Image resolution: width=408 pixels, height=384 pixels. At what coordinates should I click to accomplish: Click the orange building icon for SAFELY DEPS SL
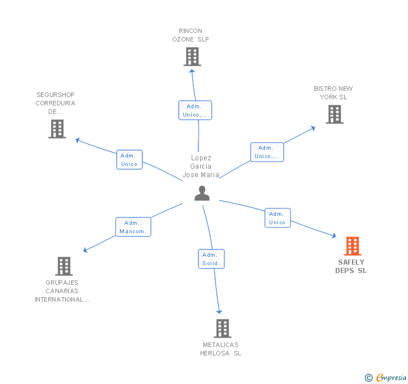pos(352,246)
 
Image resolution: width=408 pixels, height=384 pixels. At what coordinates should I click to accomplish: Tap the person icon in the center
pos(202,193)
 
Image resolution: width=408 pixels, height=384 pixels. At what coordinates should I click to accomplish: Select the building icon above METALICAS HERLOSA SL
pos(222,329)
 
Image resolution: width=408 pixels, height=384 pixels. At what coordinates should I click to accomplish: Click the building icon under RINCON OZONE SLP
pos(192,57)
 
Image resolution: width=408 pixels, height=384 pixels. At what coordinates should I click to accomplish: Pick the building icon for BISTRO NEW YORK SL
pos(335,114)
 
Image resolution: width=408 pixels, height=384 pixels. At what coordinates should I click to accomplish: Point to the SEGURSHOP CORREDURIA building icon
pos(57,129)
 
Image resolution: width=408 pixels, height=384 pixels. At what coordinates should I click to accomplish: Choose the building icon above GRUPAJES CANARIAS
pos(64,266)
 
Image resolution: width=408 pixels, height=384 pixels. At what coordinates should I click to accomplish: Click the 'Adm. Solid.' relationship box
pos(211,259)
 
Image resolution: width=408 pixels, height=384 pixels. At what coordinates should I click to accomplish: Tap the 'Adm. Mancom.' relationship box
pos(133,227)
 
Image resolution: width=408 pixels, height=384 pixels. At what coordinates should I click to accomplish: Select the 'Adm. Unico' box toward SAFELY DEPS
pos(277,218)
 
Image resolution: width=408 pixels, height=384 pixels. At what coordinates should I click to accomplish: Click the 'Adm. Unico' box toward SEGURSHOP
pos(129,160)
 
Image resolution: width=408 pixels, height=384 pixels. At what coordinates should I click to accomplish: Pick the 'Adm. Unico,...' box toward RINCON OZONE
pos(195,110)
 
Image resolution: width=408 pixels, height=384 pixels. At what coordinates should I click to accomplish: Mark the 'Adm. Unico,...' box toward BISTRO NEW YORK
pos(267,152)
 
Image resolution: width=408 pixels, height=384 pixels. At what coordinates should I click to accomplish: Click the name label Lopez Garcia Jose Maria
pos(201,166)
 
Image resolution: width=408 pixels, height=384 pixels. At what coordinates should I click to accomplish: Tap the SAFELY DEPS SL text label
pos(351,266)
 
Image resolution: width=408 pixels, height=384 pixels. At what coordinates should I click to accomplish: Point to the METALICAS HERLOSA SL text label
pos(221,349)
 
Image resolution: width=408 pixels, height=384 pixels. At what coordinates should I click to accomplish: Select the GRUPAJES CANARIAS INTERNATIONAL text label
pos(62,291)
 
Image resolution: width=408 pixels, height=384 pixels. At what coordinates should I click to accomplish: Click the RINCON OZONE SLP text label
pos(191,35)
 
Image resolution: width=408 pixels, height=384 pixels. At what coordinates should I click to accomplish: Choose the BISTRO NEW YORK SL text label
pos(333,92)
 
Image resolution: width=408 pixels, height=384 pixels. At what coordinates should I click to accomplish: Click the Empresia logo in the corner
pos(387,377)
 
